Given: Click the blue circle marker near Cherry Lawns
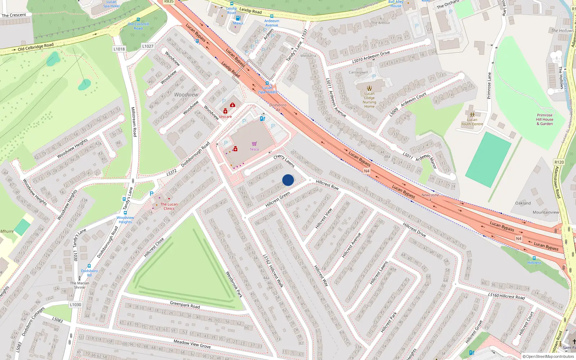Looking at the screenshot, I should (x=288, y=180).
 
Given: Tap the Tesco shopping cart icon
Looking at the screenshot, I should (x=255, y=144).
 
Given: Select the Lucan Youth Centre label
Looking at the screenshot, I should (x=472, y=122).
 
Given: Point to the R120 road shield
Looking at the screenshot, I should (x=559, y=162).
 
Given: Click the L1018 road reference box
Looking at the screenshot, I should (x=119, y=49).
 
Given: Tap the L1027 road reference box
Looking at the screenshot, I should (x=148, y=46).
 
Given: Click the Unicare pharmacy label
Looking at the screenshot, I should (x=225, y=117).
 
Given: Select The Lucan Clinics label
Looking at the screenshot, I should (x=169, y=206).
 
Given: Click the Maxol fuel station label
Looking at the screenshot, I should (x=238, y=23).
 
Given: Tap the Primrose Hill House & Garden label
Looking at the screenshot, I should (x=544, y=120).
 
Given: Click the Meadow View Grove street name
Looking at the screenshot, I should (x=192, y=344).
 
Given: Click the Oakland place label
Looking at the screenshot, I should (x=523, y=203).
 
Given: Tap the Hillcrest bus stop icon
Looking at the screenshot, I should (x=534, y=258).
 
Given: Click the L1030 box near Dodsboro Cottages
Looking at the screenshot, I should (x=76, y=305).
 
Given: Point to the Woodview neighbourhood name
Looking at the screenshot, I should (x=186, y=95).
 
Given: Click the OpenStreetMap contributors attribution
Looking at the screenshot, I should (x=548, y=357).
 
